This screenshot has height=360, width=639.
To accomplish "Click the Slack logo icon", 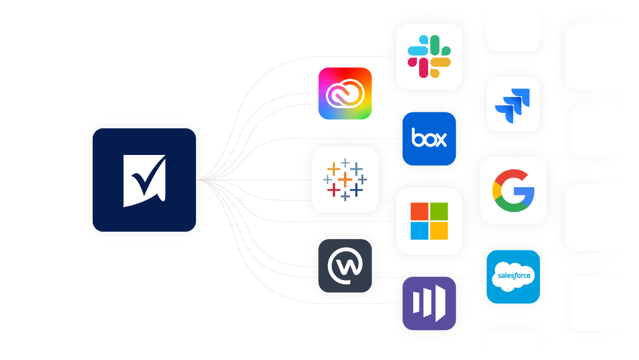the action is (429, 56).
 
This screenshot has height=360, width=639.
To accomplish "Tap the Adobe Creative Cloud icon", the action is (345, 93).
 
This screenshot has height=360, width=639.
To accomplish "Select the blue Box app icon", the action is (429, 138).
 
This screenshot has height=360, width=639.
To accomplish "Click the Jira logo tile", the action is (513, 104).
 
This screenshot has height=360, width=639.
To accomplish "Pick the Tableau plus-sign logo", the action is (345, 179).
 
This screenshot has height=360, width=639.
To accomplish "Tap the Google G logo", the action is (513, 191).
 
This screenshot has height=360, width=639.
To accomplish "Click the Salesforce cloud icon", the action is (513, 277).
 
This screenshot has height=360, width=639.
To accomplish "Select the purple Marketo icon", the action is (429, 303).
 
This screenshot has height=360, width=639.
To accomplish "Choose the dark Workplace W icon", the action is (345, 266).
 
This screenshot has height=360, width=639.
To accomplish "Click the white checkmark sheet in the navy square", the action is (144, 181).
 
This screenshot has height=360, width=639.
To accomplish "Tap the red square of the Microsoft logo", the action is (420, 211).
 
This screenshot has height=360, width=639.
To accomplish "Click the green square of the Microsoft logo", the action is (439, 211).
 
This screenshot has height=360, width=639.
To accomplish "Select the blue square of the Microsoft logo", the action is (420, 231).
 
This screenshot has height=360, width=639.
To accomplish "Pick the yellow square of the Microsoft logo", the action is (439, 231).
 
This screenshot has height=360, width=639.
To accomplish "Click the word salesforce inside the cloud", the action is (514, 275).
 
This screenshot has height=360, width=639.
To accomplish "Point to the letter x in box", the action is (440, 140).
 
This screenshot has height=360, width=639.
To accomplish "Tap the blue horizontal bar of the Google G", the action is (524, 191).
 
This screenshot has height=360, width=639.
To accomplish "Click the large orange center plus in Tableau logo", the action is (345, 179).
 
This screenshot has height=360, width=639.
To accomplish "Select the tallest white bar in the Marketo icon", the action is (440, 303).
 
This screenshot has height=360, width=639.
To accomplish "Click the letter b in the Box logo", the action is (417, 137).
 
